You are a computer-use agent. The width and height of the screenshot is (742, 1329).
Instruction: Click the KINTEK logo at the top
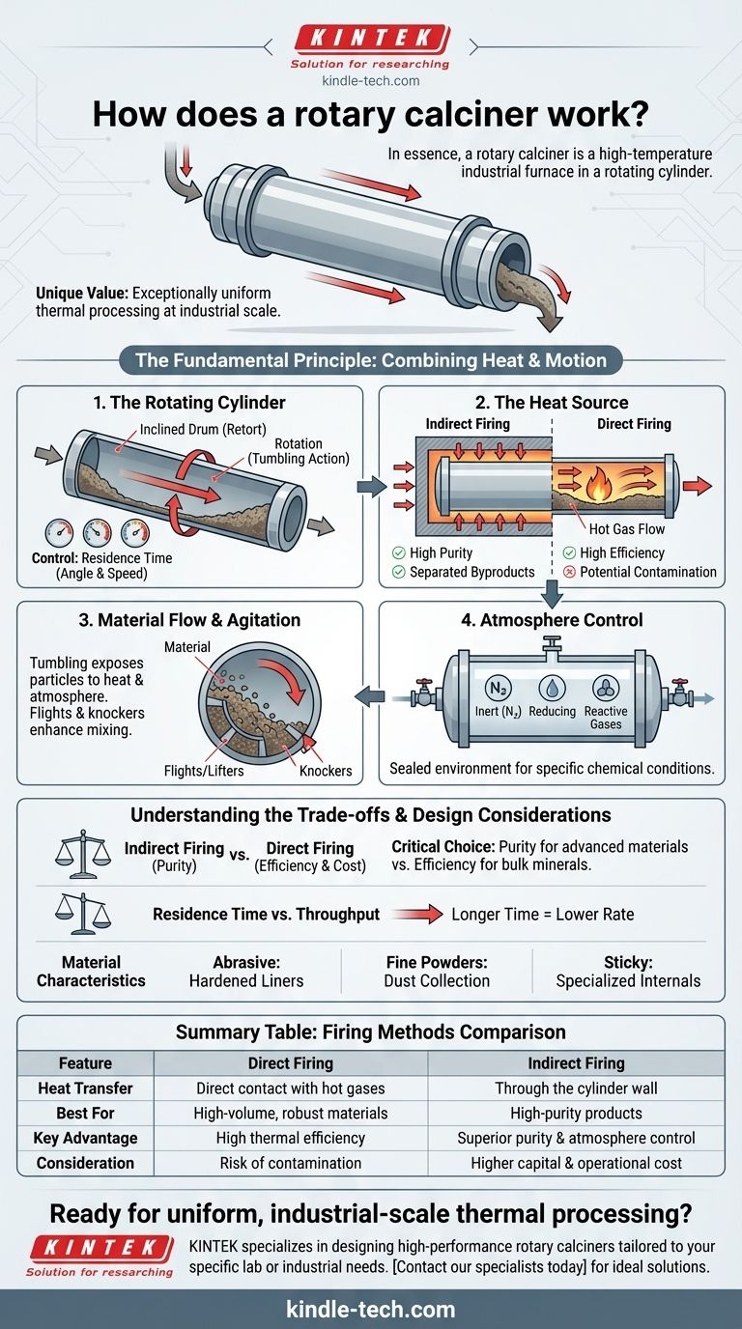point(370,39)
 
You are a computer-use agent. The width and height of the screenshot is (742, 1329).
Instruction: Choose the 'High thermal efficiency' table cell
point(290,1138)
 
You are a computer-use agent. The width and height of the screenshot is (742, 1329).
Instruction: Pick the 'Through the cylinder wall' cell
point(576,1088)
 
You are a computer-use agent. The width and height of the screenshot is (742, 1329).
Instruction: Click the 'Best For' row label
point(85,1113)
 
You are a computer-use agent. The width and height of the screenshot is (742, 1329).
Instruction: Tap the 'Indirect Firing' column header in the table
point(576,1062)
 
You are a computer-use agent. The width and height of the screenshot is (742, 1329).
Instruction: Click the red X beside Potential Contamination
point(569,572)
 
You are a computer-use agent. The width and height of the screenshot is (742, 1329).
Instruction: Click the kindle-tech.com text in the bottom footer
point(370,1310)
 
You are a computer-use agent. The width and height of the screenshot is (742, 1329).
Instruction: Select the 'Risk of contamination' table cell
point(290,1163)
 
